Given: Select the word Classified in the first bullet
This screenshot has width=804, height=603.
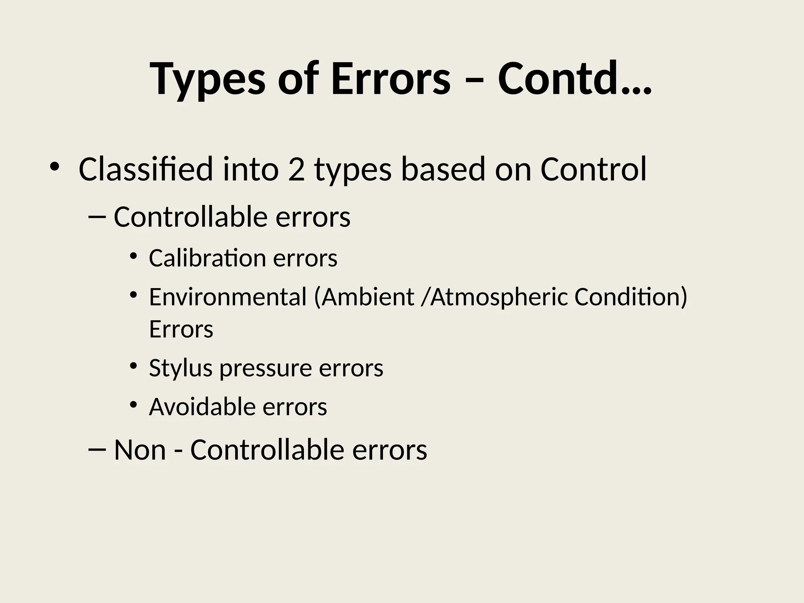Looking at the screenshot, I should click(146, 169).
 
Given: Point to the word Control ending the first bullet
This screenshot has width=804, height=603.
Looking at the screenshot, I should click(593, 169).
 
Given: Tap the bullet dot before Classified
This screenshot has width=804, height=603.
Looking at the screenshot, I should click(54, 167).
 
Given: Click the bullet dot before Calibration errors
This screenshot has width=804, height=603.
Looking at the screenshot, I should click(133, 256).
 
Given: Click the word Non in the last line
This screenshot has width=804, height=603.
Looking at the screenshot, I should click(140, 450).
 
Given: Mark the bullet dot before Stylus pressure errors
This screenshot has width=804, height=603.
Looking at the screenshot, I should click(133, 366).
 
